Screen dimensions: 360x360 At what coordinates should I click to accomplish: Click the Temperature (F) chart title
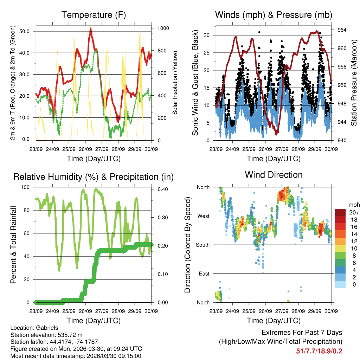94,15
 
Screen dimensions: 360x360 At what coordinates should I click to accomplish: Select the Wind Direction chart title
274,175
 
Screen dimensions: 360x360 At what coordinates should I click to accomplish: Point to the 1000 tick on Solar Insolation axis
160,28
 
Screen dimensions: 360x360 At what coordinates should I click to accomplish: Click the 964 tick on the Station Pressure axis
342,30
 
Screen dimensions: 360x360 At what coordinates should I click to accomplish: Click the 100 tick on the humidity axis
27,187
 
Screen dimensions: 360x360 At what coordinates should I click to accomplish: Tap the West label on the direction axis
203,216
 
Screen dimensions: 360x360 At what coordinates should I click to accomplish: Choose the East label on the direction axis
204,274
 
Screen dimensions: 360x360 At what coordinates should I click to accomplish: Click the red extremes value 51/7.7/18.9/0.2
319,351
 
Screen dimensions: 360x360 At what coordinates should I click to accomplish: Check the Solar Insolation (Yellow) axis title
174,83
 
